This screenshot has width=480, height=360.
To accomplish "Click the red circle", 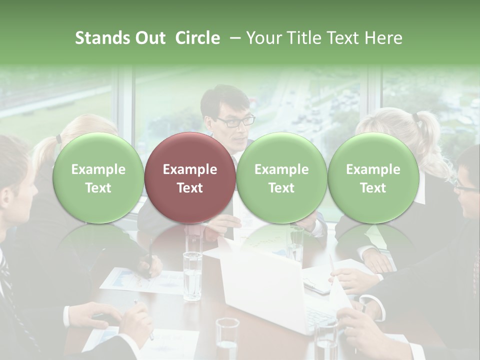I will pyautogui.click(x=190, y=177).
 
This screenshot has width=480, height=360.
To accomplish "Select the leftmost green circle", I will pyautogui.click(x=98, y=177).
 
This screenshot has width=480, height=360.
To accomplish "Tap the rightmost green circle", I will pyautogui.click(x=373, y=177).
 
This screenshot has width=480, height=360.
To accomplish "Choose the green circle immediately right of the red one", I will pyautogui.click(x=281, y=177).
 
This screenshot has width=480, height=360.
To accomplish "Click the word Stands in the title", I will pyautogui.click(x=102, y=38).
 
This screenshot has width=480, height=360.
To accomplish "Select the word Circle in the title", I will pyautogui.click(x=197, y=38).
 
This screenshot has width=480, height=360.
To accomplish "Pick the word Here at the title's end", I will pyautogui.click(x=384, y=38).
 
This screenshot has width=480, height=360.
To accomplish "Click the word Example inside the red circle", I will pyautogui.click(x=190, y=169).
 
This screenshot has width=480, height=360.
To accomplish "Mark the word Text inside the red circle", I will pyautogui.click(x=190, y=188).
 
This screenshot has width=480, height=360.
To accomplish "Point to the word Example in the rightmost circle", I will pyautogui.click(x=373, y=169).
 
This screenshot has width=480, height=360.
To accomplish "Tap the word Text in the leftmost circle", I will pyautogui.click(x=98, y=188).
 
